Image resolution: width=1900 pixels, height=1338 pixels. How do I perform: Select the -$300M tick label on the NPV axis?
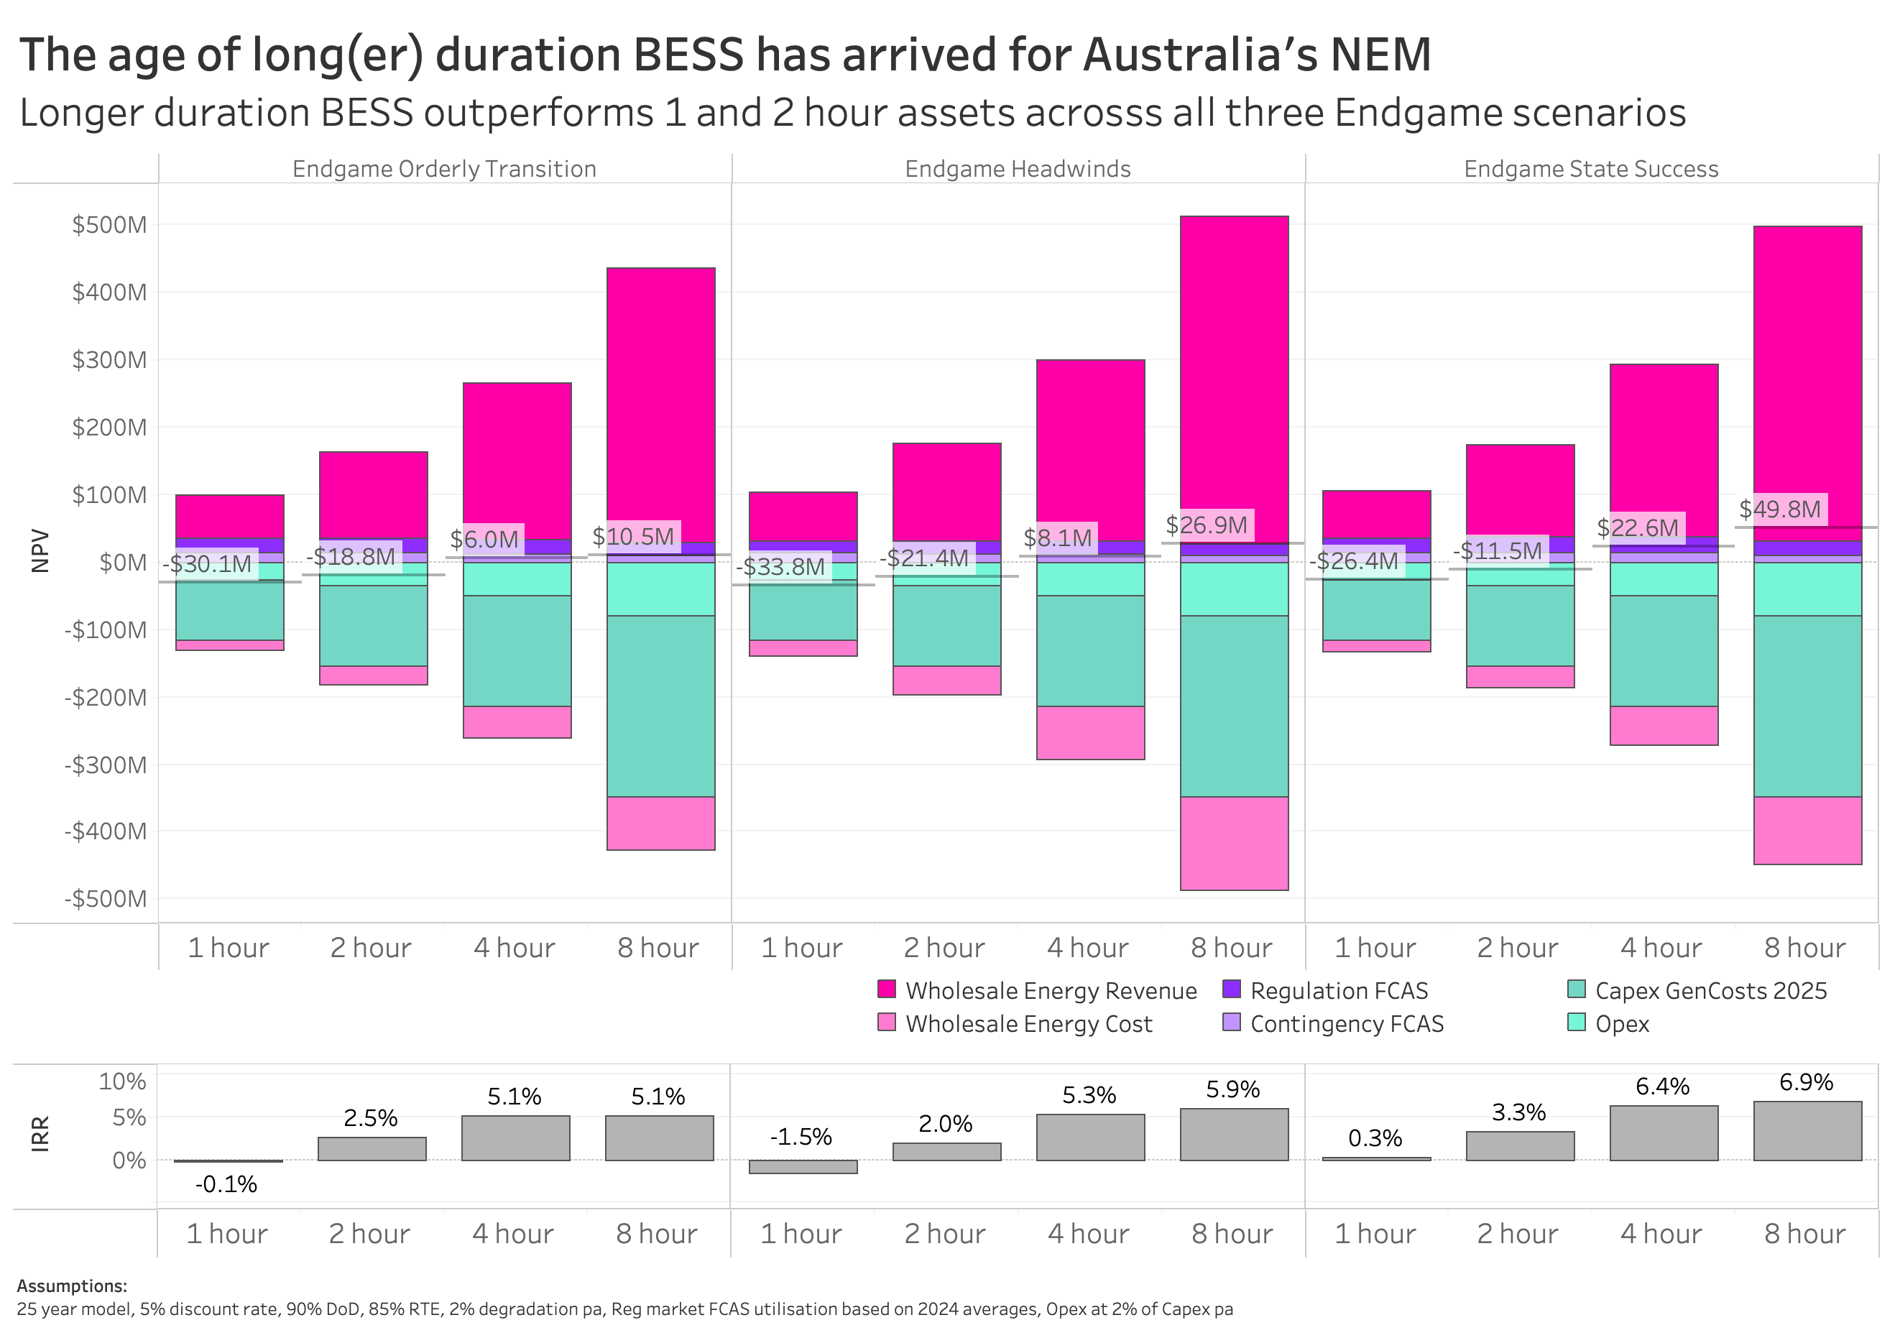point(105,765)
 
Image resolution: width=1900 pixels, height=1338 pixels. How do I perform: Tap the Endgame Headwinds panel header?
point(1017,169)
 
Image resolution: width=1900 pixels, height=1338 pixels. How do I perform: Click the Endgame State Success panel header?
point(1590,169)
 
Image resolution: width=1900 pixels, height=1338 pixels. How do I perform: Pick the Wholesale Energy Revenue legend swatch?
point(886,989)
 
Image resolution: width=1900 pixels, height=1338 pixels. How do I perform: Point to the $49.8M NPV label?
point(1779,509)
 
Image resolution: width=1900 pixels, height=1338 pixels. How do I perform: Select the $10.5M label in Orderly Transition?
point(633,536)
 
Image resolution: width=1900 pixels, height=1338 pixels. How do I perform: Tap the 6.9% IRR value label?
point(1806,1082)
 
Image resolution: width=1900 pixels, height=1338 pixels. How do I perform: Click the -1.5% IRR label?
point(801,1137)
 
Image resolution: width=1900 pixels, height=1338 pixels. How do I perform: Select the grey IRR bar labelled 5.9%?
point(1233,1135)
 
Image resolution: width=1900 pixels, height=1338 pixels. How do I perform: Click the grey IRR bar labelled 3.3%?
point(1519,1146)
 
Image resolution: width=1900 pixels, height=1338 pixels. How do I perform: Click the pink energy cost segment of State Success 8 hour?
point(1807,830)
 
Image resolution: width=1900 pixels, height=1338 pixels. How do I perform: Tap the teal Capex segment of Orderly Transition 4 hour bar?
point(517,650)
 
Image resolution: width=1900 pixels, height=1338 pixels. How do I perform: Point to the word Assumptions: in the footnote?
point(72,1286)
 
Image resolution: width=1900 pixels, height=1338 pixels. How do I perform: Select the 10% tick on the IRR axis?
point(121,1081)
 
